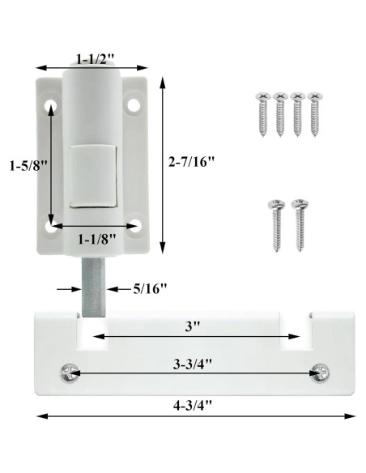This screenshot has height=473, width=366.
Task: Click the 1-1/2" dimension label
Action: (x=96, y=58)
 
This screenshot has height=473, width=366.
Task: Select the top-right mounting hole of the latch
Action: (x=134, y=104)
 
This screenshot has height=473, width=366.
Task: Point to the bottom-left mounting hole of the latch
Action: (x=51, y=228)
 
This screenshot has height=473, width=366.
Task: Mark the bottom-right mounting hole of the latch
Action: (x=134, y=226)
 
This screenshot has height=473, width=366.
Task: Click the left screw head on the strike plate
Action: (x=69, y=373)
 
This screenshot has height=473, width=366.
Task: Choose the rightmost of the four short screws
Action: (x=314, y=114)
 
